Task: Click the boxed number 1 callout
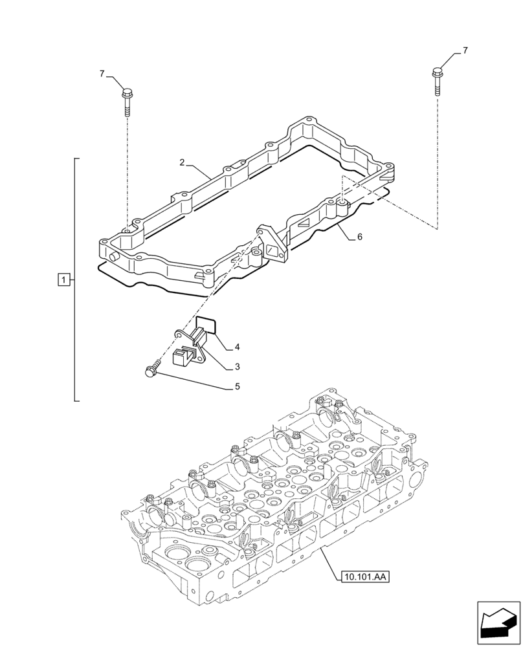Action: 63,280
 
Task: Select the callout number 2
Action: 183,162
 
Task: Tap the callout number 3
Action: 237,367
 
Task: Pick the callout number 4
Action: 237,347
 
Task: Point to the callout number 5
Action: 237,386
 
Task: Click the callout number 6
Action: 359,237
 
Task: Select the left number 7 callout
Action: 102,74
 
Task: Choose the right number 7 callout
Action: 465,50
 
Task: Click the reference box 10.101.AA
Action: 362,575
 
